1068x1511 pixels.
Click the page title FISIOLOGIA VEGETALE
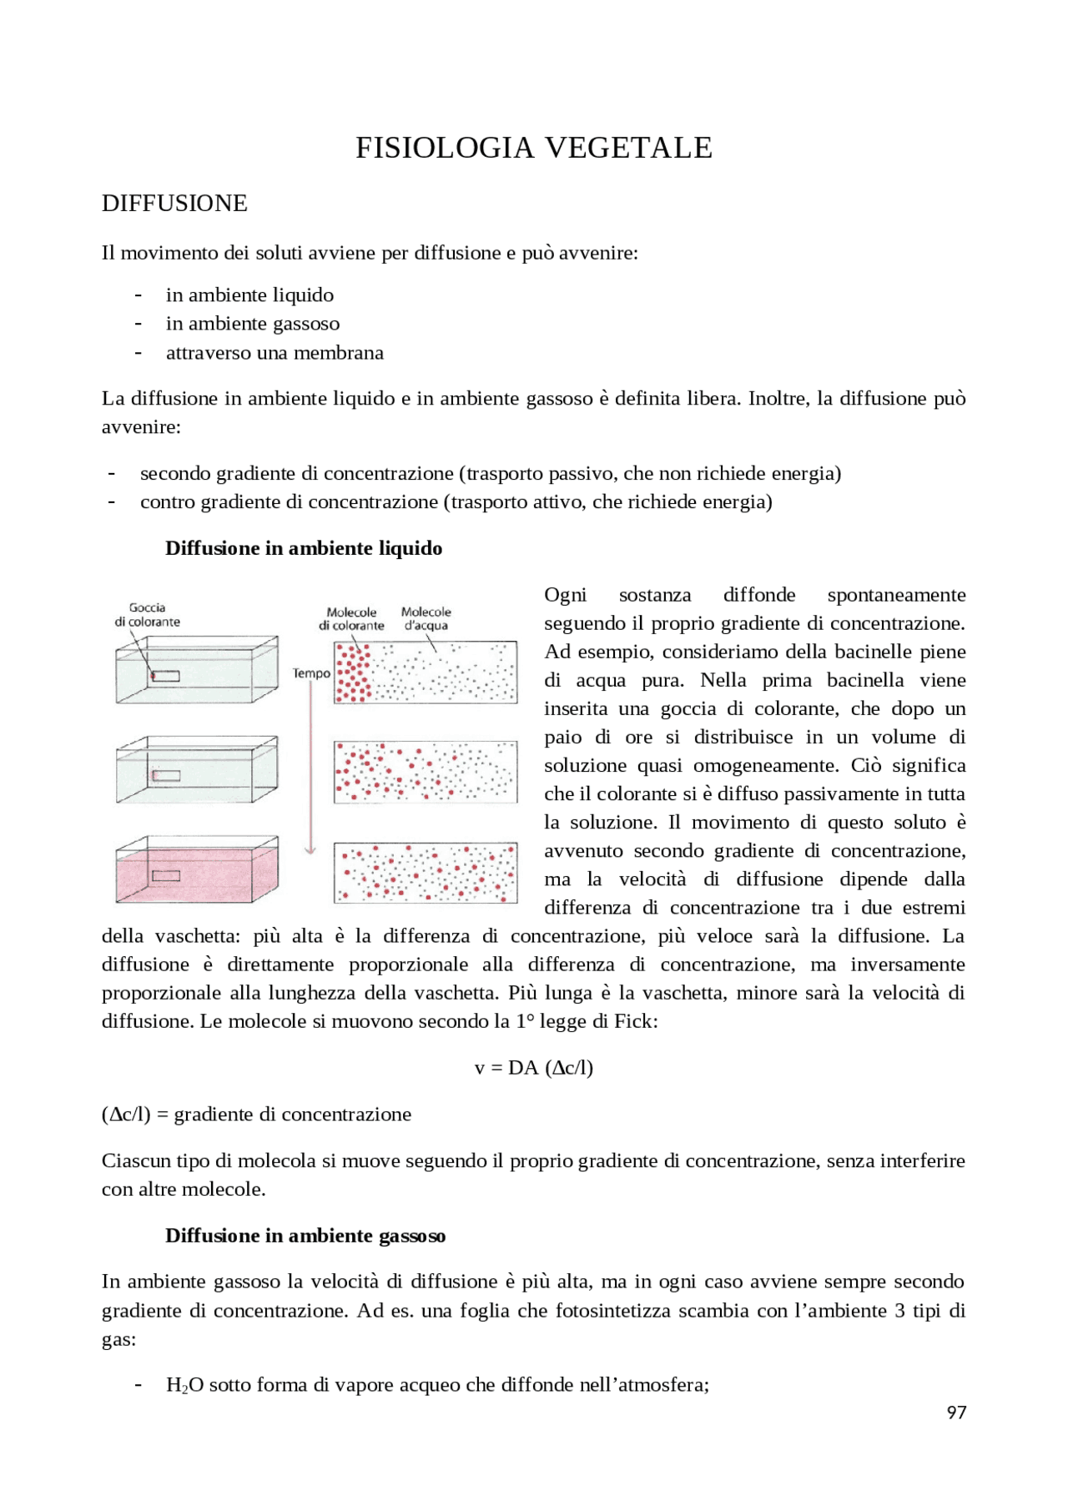533,148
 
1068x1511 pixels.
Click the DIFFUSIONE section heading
174,204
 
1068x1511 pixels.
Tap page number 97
956,1412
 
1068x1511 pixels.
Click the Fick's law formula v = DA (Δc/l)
533,1068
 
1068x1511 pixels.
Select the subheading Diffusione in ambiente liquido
304,548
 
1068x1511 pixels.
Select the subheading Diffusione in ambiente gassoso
305,1236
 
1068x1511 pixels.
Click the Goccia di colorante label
147,614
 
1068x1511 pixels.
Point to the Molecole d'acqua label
426,618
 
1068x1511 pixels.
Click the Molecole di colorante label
351,618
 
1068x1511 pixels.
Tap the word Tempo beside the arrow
310,673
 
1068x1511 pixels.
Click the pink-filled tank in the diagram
196,870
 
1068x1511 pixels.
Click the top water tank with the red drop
196,671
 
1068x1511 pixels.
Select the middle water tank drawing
196,770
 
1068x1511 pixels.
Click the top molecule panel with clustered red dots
426,672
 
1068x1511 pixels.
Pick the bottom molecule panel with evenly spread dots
426,873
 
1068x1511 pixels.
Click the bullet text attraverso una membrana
275,353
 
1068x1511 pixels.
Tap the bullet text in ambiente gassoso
253,324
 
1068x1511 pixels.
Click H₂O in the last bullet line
179,1385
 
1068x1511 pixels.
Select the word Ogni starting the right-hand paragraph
565,595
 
